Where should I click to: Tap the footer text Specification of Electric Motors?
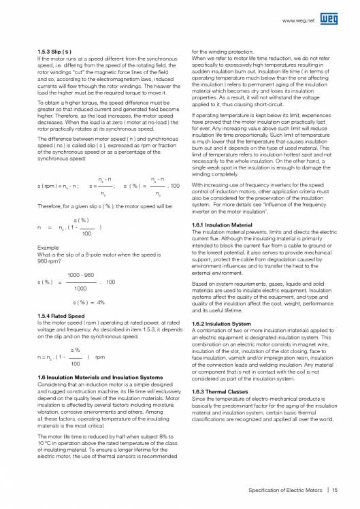pos(287,489)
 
